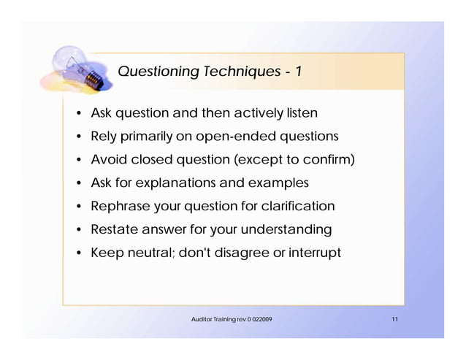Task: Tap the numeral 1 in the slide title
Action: (299, 71)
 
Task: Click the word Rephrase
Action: (119, 206)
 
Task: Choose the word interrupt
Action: (314, 253)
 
